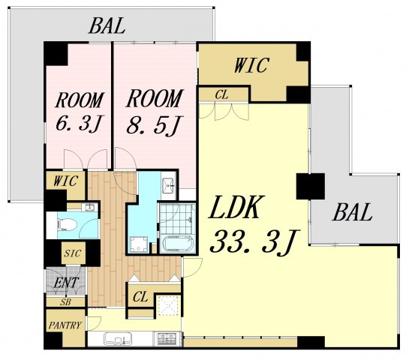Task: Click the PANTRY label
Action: (x=65, y=325)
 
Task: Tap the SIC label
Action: (x=73, y=253)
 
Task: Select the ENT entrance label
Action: (x=66, y=283)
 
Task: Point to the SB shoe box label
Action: (x=65, y=302)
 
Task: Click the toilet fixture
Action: (x=67, y=225)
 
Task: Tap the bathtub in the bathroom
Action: (x=178, y=244)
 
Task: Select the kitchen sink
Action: (x=117, y=339)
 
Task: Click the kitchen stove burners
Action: (x=167, y=338)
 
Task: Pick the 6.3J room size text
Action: (x=80, y=124)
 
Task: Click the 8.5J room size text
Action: (x=155, y=125)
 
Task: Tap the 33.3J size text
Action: (x=254, y=242)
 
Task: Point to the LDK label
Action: (x=236, y=208)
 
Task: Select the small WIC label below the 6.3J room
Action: (x=66, y=181)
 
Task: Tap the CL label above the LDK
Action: (x=221, y=94)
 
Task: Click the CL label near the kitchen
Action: (x=140, y=297)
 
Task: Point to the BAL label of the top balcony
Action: (x=107, y=25)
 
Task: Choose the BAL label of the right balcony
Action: (x=352, y=212)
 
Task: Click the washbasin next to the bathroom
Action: (x=168, y=183)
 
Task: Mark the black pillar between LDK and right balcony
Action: (x=311, y=186)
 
